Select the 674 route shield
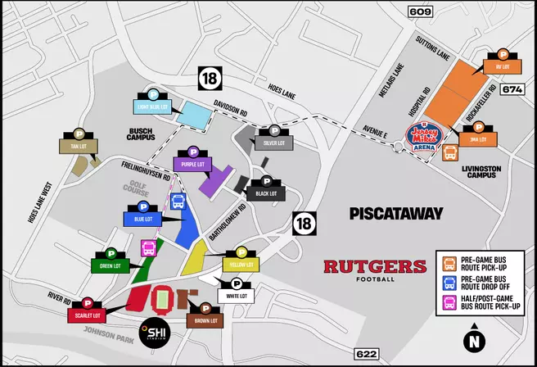[512, 89]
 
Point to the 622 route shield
[366, 353]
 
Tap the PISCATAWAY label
[395, 214]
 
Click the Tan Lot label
[79, 146]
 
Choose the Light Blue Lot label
[155, 106]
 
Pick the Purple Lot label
[193, 164]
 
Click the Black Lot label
[266, 194]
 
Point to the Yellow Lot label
[241, 265]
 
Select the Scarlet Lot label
[86, 315]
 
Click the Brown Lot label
[202, 320]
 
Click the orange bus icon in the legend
[449, 264]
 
